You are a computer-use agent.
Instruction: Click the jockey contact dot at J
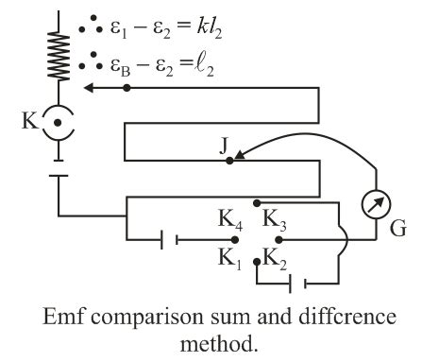(x=229, y=161)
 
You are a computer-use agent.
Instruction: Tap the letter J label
(x=223, y=144)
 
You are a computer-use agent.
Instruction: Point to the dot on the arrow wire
(x=127, y=88)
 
